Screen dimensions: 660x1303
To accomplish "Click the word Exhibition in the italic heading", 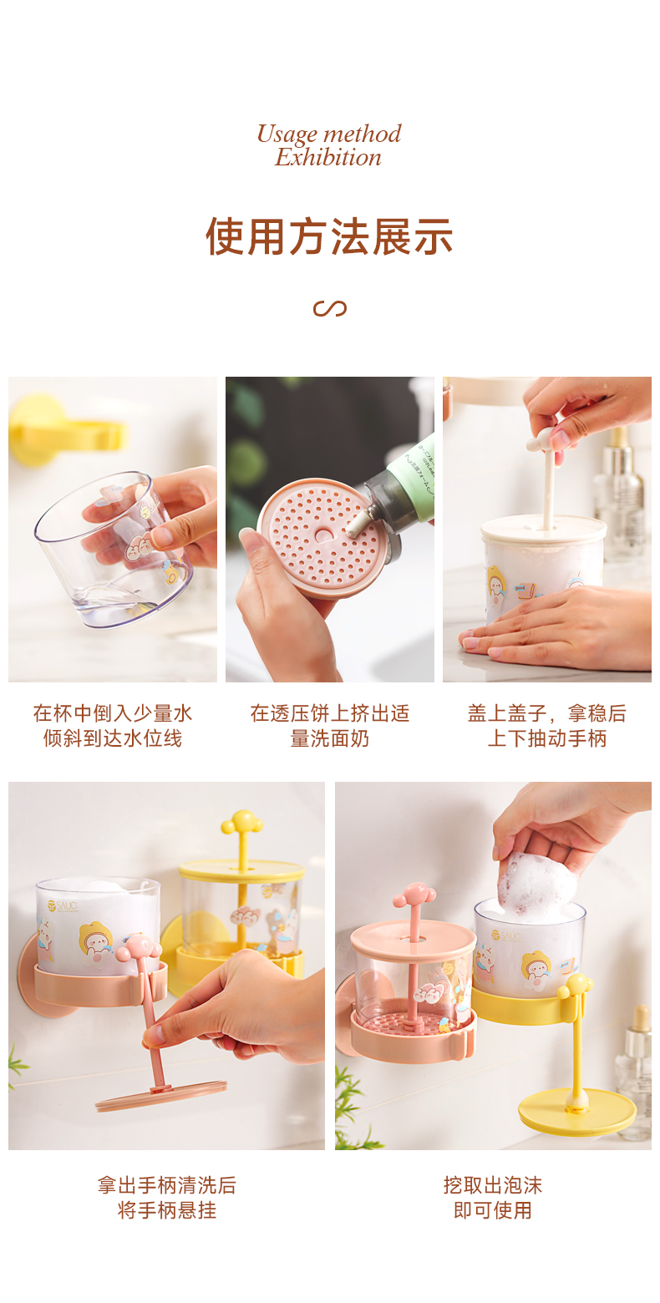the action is tap(328, 157).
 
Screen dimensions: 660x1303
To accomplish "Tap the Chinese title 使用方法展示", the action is tap(329, 236).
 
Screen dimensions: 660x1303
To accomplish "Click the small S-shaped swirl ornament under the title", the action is tap(329, 308).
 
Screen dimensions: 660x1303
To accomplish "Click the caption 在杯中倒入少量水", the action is tap(112, 713).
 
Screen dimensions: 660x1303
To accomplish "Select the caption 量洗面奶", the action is tap(329, 738).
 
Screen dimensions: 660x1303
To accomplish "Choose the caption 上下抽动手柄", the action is tap(547, 738).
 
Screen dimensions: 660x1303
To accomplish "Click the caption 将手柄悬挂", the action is tap(167, 1211).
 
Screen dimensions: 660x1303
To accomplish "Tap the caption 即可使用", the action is tap(493, 1211).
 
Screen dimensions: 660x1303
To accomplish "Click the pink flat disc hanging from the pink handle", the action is tap(161, 1097).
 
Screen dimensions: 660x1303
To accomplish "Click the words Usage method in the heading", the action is tap(329, 134).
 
